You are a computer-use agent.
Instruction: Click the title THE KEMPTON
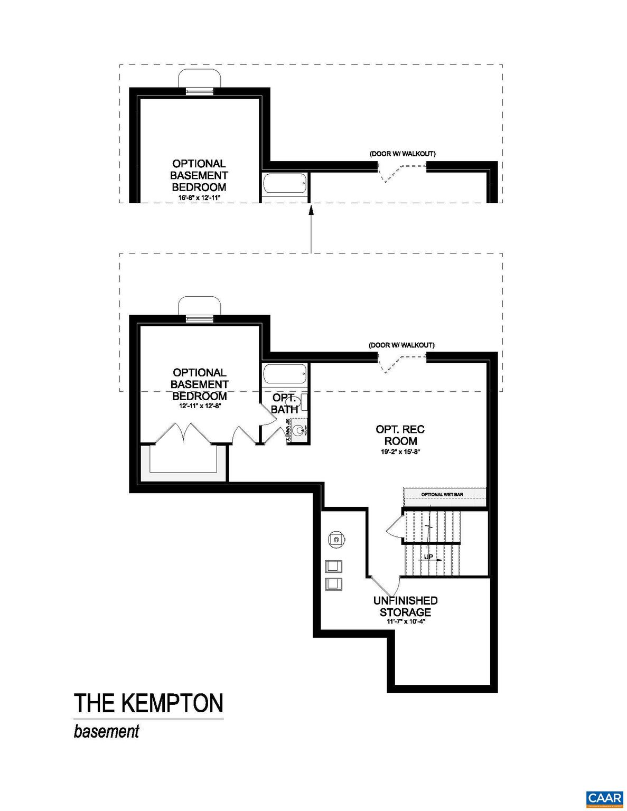(x=148, y=703)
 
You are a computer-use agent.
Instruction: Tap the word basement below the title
(x=106, y=732)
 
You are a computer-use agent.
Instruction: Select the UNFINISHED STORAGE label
(x=405, y=606)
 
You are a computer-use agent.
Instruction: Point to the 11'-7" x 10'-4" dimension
(x=405, y=622)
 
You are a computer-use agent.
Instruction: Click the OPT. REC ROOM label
(x=400, y=435)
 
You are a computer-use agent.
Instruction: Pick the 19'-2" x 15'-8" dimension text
(x=400, y=452)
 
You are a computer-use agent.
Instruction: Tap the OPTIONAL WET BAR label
(x=442, y=495)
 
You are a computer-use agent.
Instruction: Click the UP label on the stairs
(x=428, y=557)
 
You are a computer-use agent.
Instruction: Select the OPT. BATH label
(x=284, y=403)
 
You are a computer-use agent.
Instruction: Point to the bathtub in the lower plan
(x=284, y=375)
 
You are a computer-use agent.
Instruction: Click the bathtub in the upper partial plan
(x=284, y=184)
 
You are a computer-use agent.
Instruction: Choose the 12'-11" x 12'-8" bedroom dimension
(x=199, y=407)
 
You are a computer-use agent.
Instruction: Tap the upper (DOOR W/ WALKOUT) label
(x=402, y=154)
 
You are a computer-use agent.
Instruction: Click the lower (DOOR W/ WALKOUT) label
(x=401, y=345)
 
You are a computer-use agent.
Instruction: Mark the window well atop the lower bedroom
(x=199, y=306)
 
